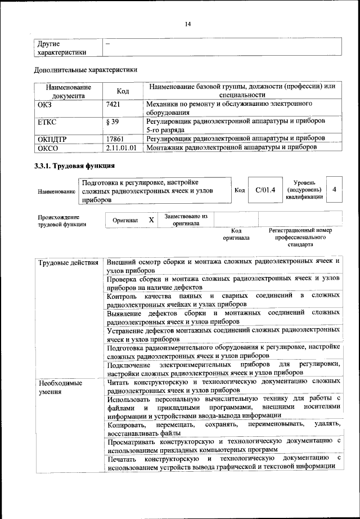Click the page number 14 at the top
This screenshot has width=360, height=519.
pos(188,24)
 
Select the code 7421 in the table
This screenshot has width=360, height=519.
pos(114,104)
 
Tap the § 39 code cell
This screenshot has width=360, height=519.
pos(112,121)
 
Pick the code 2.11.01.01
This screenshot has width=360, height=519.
pos(121,147)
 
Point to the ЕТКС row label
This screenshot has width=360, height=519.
pos(46,121)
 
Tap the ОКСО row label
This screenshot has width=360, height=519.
pos(47,148)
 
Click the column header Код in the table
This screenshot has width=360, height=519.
pos(123,91)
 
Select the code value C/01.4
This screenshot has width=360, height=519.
pos(265,190)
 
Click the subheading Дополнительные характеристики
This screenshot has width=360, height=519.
pos(85,70)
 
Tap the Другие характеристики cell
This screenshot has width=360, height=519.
pos(61,48)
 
